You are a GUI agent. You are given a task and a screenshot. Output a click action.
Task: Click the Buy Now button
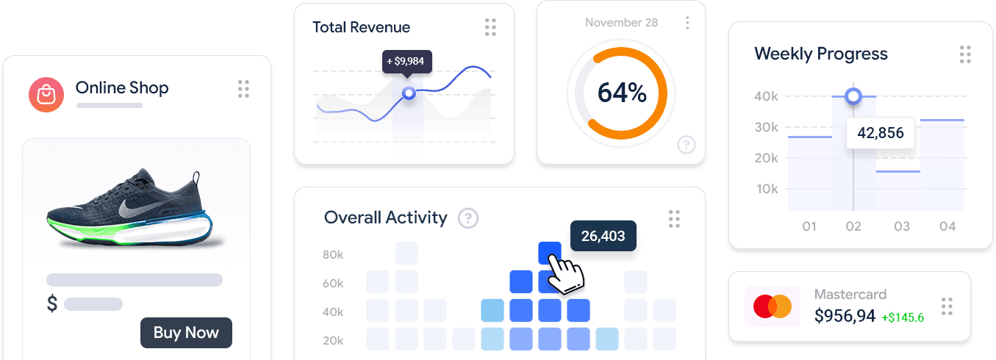[186, 332]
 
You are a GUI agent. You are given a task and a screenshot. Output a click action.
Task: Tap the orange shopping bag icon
[46, 95]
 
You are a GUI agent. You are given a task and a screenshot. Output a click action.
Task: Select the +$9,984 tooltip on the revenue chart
[407, 61]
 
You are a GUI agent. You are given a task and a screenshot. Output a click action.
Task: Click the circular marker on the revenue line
[409, 93]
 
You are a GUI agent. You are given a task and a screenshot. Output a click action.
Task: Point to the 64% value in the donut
[621, 93]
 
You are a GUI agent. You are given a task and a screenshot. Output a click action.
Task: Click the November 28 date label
[621, 23]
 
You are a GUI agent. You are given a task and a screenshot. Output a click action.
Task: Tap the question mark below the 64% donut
[686, 145]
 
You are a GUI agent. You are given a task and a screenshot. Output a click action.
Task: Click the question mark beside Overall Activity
[468, 218]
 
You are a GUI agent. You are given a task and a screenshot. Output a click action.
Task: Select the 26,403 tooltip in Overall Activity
[603, 236]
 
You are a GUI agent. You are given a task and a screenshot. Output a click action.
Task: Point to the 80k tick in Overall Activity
[333, 255]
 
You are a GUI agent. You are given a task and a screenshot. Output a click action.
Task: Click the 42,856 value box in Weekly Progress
[880, 133]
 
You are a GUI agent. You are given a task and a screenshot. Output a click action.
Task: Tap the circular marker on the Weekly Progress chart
[853, 96]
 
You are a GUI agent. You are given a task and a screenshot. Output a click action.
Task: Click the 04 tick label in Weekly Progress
[947, 226]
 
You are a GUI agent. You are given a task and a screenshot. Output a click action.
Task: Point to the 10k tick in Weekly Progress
[766, 189]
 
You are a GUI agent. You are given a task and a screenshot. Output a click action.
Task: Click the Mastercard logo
[772, 306]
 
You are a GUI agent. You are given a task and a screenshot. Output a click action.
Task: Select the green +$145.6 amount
[903, 317]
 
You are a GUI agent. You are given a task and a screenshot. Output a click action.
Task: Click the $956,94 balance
[845, 316]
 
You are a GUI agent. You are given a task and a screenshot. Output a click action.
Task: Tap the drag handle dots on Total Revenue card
[490, 28]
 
